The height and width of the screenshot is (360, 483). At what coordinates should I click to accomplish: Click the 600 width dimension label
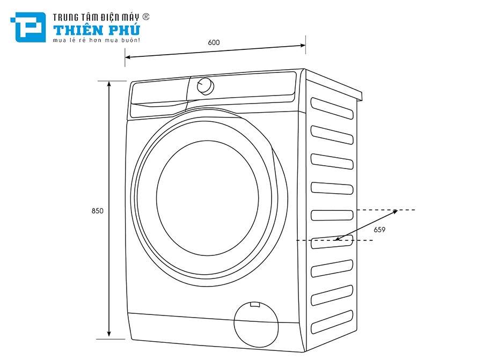click(x=214, y=42)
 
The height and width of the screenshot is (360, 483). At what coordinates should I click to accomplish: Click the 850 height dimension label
click(x=97, y=211)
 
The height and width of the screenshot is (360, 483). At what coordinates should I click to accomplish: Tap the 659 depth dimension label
click(x=380, y=230)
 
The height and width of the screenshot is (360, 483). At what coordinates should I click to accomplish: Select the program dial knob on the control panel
click(x=205, y=86)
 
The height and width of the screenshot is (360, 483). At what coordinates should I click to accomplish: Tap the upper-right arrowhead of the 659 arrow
click(x=396, y=211)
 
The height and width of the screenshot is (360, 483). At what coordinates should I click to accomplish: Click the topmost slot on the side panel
click(x=333, y=106)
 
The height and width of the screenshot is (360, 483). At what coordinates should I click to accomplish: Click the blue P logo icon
click(x=27, y=27)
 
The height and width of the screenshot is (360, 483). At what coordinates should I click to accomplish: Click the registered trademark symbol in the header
click(x=146, y=17)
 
